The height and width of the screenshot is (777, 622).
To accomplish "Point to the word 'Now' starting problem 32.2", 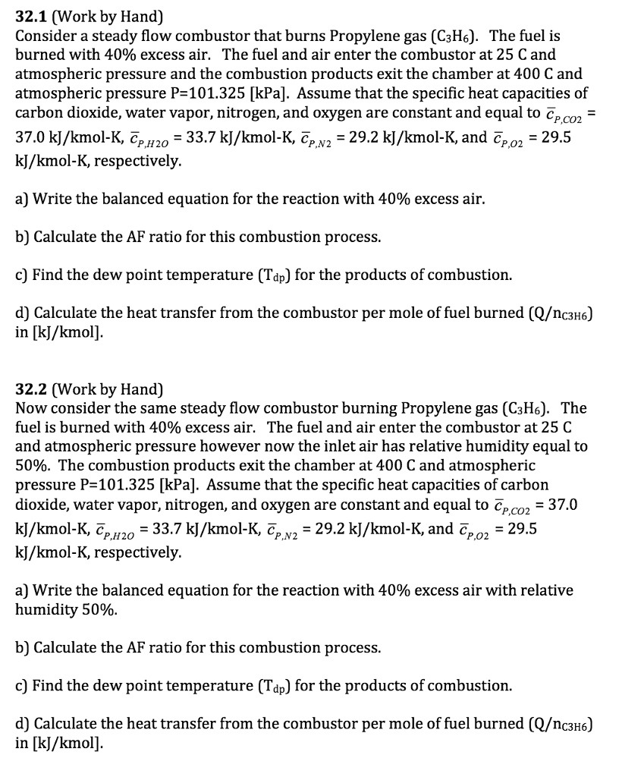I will tap(30, 408).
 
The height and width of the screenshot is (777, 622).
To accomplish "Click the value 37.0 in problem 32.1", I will tap(33, 140).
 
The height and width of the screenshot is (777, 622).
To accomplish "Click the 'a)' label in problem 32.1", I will tap(23, 199).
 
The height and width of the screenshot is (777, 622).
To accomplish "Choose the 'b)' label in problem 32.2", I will tap(24, 647).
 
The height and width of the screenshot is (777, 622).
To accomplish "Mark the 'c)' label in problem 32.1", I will tap(23, 275).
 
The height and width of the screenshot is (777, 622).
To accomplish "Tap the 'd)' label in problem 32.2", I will tap(24, 723).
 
